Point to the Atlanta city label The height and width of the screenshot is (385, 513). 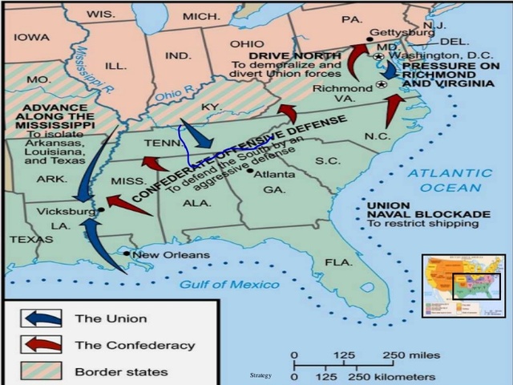coord(274,172)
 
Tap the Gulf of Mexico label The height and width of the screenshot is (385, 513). coord(228,285)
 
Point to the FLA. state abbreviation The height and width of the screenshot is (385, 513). coord(338,262)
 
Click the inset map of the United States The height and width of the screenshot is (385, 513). coord(463,285)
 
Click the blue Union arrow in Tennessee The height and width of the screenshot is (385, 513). coord(196,135)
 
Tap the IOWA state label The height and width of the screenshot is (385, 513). coord(32,37)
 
